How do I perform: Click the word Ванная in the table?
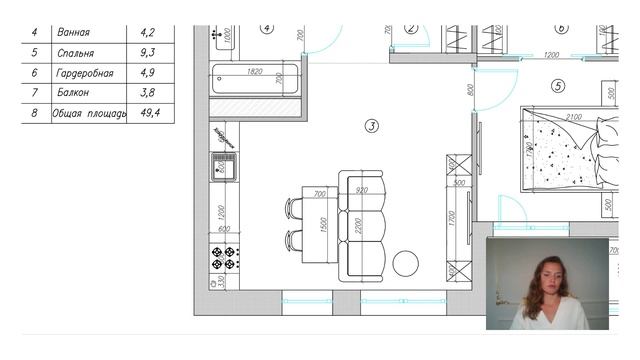coord(75,32)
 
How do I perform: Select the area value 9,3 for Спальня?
coord(150,52)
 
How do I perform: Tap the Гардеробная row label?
coord(86,73)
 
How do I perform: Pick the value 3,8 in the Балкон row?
coord(150,93)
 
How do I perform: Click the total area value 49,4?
coord(150,113)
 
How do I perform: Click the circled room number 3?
coord(371,126)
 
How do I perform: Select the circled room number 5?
coord(557,86)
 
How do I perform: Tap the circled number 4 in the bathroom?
coord(267,29)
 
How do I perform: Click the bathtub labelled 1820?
coord(255,79)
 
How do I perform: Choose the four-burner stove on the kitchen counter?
coord(223,258)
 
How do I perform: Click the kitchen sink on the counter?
coord(223,166)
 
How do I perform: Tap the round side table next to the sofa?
coord(405,263)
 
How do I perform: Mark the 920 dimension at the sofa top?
coord(362,190)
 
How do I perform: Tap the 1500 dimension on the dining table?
coord(323,226)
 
